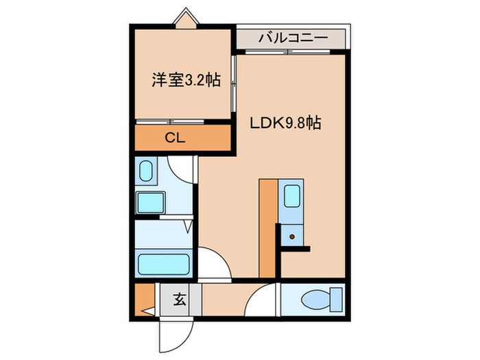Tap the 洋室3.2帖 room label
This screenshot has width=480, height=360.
pyautogui.click(x=185, y=80)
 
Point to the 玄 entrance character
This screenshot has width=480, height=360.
pyautogui.click(x=180, y=299)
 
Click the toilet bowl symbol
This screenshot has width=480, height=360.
pyautogui.click(x=312, y=300)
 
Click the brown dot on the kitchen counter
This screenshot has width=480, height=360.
pyautogui.click(x=293, y=237)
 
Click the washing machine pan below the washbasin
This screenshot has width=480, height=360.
pyautogui.click(x=150, y=202)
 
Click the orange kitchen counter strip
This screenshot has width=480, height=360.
pyautogui.click(x=267, y=226)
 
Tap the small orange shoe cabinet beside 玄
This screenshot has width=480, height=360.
pyautogui.click(x=143, y=296)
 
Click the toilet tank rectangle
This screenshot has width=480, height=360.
pyautogui.click(x=335, y=300)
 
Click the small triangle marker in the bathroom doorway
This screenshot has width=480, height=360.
pyautogui.click(x=188, y=226)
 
